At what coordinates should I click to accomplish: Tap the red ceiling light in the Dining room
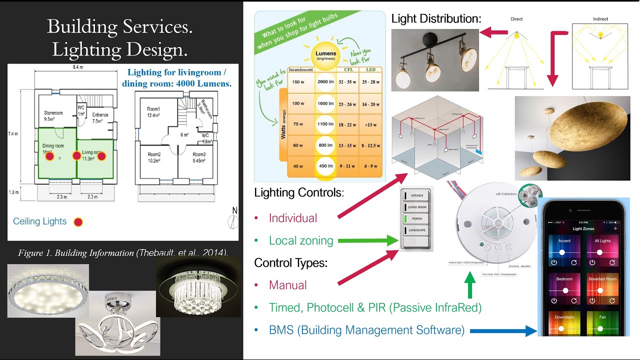pyautogui.click(x=49, y=156)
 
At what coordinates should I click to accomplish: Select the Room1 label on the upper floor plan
pyautogui.click(x=153, y=109)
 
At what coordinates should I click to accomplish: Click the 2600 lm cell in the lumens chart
pyautogui.click(x=325, y=81)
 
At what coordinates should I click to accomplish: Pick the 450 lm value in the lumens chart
pyautogui.click(x=325, y=166)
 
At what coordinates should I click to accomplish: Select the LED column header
pyautogui.click(x=370, y=69)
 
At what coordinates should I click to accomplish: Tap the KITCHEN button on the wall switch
pyautogui.click(x=417, y=195)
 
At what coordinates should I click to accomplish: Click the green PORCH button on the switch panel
pyautogui.click(x=417, y=218)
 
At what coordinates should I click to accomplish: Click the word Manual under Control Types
pyautogui.click(x=287, y=285)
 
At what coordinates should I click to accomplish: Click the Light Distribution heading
pyautogui.click(x=436, y=19)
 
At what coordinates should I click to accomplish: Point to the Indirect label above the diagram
pyautogui.click(x=600, y=19)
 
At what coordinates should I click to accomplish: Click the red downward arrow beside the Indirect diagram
pyautogui.click(x=552, y=60)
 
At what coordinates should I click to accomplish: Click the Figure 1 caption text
pyautogui.click(x=123, y=253)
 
